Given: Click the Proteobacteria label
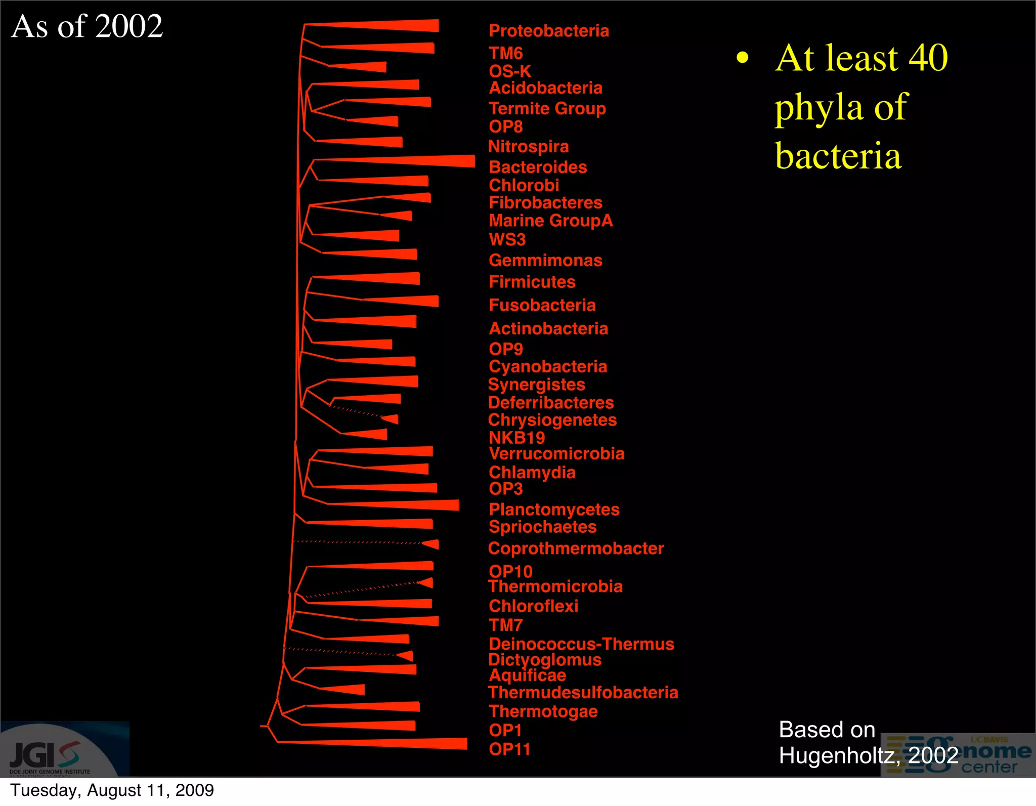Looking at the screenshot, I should coord(549,31).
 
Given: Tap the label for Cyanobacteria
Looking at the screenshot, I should coord(548,366).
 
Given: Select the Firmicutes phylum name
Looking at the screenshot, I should coord(532,282).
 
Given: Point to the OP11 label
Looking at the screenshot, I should coord(509,749).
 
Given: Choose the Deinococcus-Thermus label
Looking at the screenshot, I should coord(581,644).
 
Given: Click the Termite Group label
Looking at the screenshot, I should coord(547,108).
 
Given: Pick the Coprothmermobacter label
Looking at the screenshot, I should coord(576,548).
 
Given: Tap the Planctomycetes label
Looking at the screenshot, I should coord(554,509).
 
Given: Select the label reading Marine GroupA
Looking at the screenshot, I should coord(551,221).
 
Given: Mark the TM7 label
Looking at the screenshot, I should coord(506,625).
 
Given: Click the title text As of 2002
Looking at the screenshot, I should coord(87,26).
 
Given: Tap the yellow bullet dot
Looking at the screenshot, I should coord(742,58).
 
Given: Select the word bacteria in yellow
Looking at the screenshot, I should coord(838,156).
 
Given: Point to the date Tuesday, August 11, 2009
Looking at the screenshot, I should coord(112,790).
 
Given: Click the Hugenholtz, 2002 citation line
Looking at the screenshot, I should coord(868,755).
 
